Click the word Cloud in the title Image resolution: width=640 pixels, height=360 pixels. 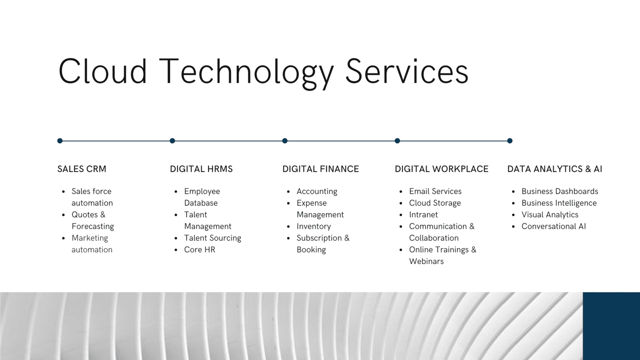(102, 71)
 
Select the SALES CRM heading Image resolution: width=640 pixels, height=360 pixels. (82, 169)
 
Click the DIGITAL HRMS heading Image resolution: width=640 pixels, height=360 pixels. (201, 169)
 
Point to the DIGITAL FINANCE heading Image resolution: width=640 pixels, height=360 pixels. (320, 169)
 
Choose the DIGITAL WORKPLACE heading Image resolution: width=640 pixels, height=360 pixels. (442, 169)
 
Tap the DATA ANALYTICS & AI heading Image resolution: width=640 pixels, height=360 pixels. (554, 169)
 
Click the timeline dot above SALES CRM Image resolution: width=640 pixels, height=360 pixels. (60, 140)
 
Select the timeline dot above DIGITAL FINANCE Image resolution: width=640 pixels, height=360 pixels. (285, 140)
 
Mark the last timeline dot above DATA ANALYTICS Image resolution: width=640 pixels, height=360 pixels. (510, 140)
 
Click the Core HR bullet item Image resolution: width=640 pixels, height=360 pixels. (200, 250)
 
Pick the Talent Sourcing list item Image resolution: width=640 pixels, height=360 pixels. (212, 238)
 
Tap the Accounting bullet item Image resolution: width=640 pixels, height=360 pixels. (317, 192)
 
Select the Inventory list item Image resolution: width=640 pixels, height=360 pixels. (314, 226)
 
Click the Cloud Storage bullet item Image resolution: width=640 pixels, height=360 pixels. (435, 203)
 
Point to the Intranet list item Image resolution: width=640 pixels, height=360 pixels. (424, 214)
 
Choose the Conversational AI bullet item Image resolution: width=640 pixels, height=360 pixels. (554, 226)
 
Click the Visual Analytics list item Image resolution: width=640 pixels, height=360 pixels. (550, 215)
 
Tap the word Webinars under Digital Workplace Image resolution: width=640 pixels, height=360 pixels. (426, 262)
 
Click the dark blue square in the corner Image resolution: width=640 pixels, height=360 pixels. (612, 326)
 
